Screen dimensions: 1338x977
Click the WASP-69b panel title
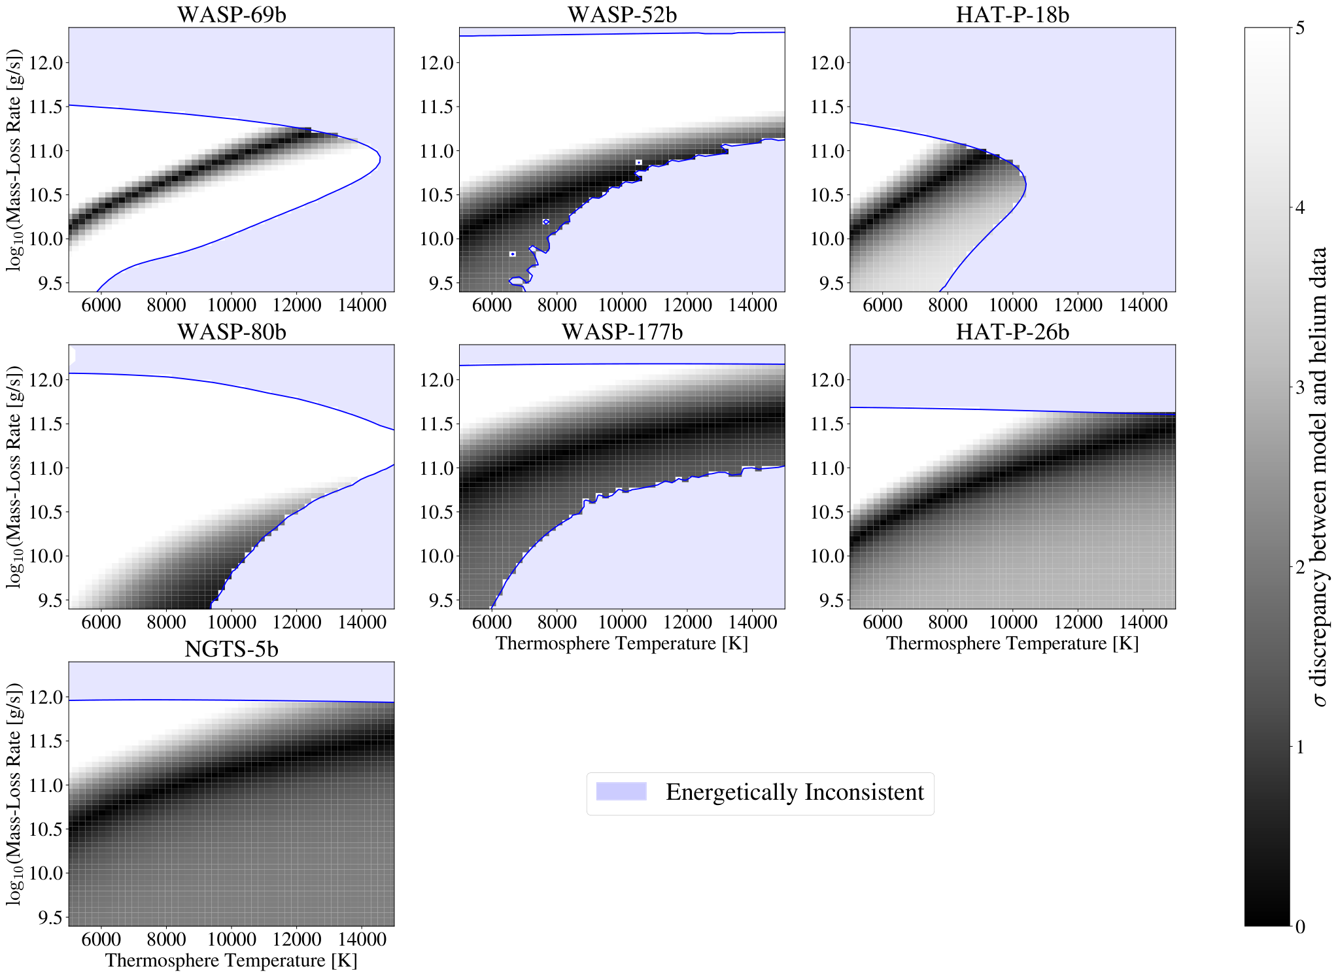232,14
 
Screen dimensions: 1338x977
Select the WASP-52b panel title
622,14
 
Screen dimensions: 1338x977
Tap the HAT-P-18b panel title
1012,14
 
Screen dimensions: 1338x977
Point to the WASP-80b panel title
232,332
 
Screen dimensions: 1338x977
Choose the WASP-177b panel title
622,332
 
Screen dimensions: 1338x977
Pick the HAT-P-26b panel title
1012,332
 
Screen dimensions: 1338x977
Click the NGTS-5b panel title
232,649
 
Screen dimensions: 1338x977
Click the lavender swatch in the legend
621,791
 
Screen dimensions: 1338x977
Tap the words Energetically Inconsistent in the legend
795,792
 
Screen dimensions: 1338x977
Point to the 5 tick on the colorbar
1299,28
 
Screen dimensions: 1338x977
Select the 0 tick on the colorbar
1299,927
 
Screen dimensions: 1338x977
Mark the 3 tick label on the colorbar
1299,387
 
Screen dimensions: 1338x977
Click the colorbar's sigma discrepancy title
1320,477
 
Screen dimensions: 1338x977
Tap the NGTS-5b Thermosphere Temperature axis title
231,960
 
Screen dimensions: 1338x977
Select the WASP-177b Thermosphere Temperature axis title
621,643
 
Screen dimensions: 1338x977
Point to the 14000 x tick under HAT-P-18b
1142,305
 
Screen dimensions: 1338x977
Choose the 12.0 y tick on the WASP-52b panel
437,63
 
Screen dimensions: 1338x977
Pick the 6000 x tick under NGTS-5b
101,939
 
